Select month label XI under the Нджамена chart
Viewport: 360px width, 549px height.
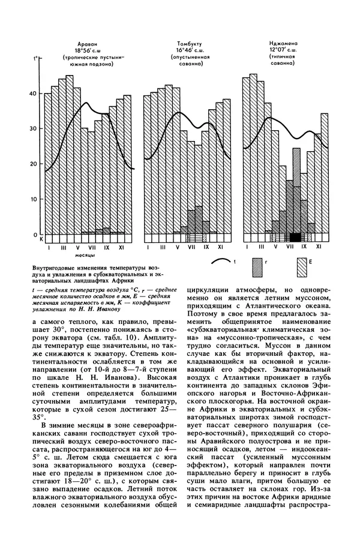(x=319, y=246)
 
